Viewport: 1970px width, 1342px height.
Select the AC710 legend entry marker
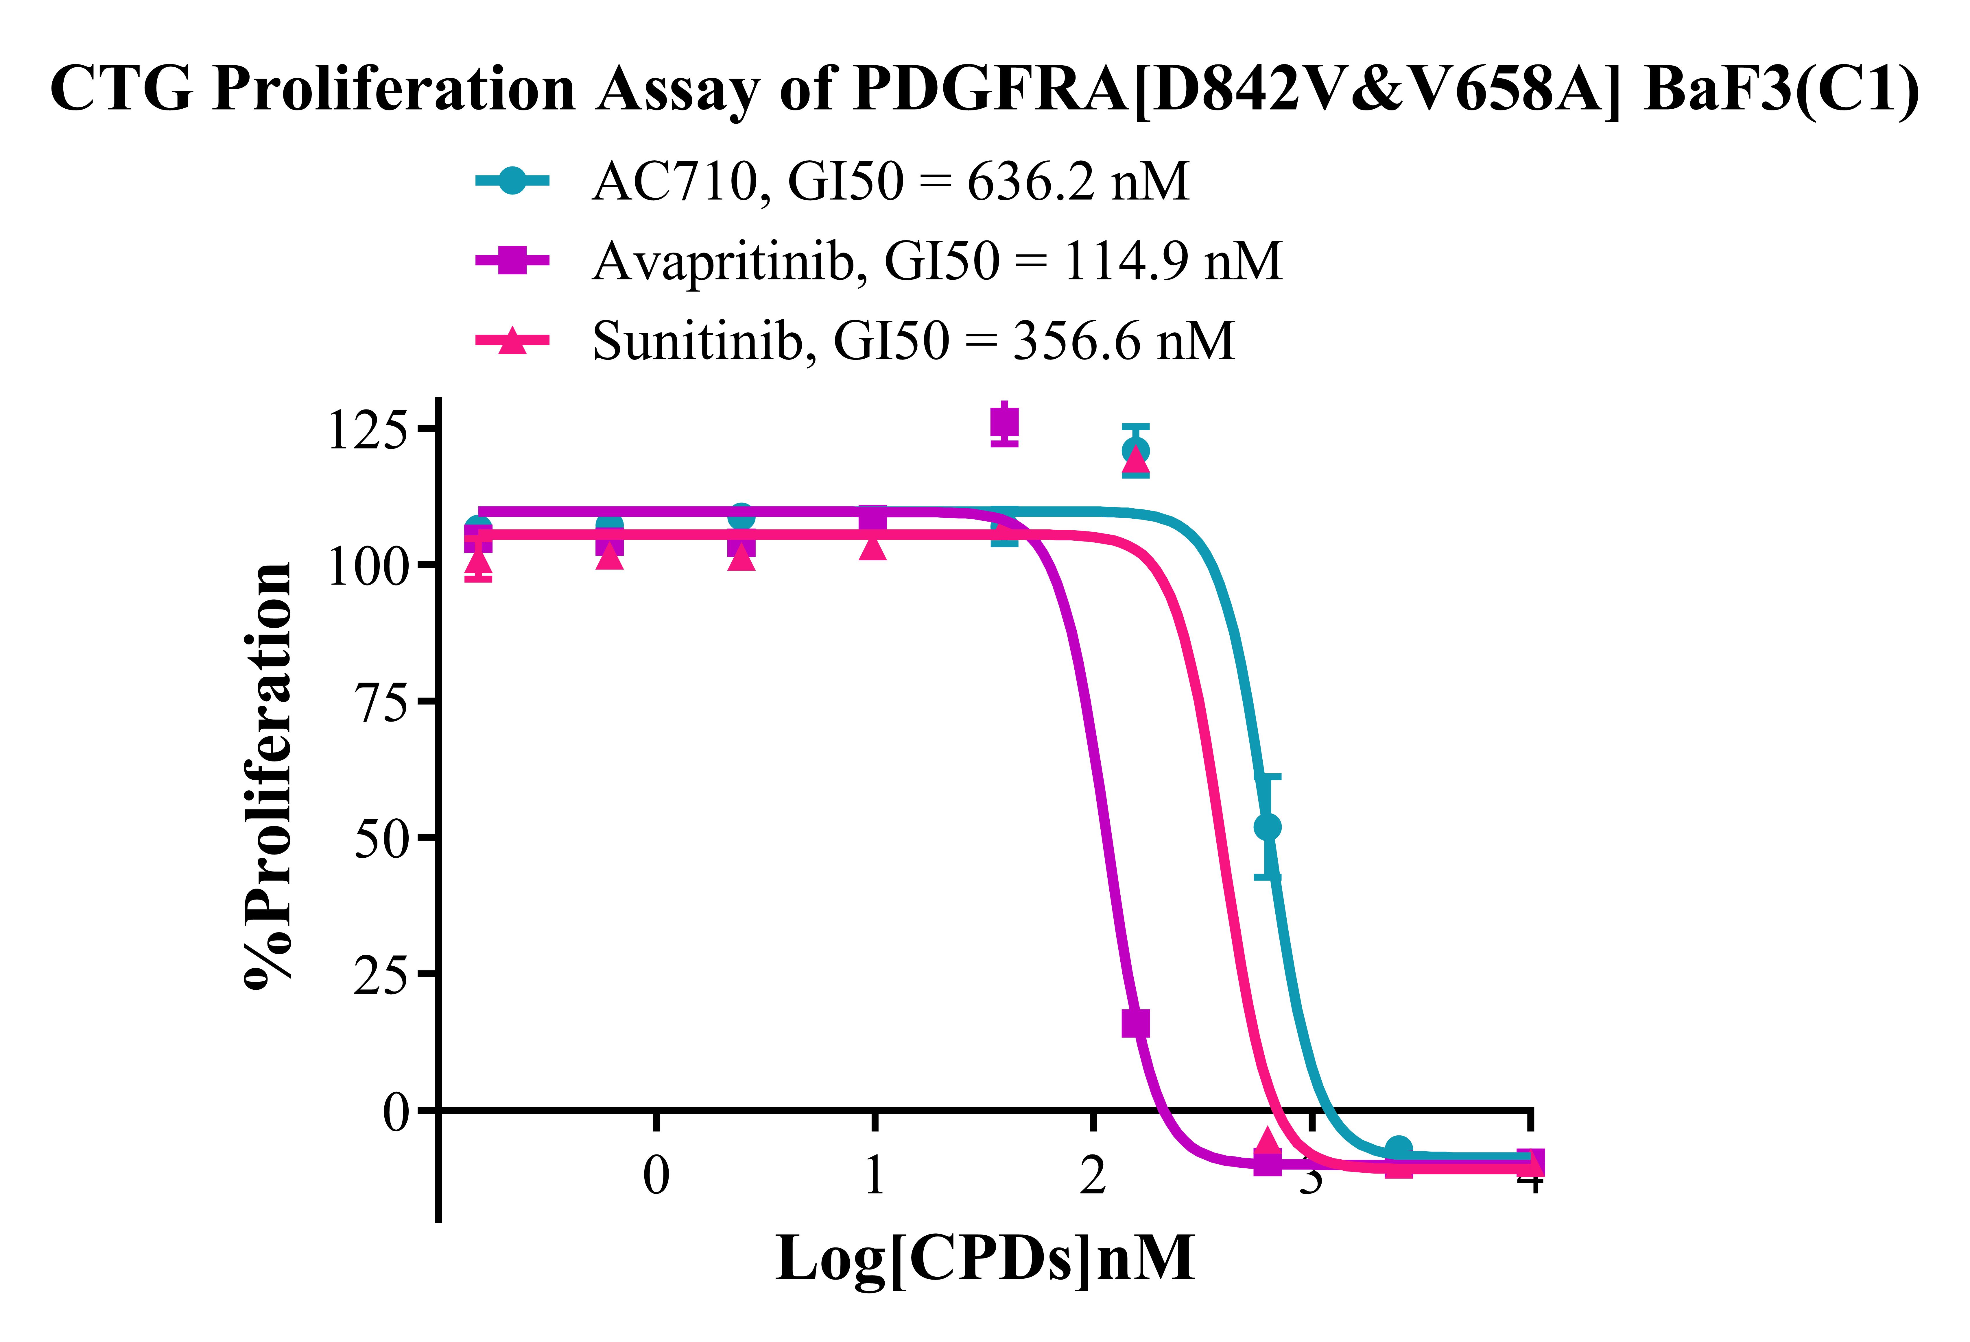tap(512, 180)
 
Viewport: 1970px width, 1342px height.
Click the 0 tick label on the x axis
tap(656, 1176)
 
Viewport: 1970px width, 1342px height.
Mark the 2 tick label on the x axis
tap(1093, 1176)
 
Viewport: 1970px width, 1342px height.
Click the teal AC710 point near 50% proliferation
tap(1267, 827)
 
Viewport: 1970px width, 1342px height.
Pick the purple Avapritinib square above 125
tap(1004, 421)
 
